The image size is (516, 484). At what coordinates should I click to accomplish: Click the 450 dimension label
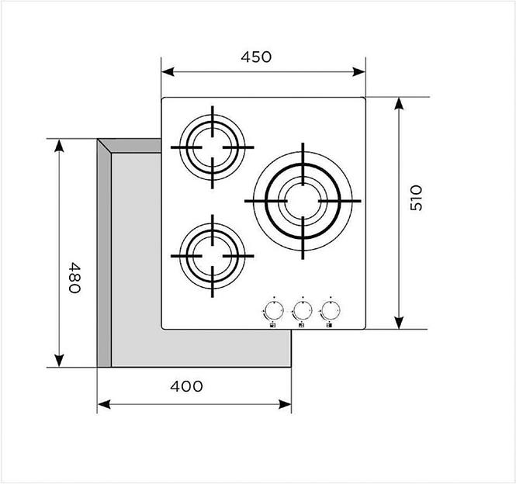[x=256, y=57]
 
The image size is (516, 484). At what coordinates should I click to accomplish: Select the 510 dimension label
[x=416, y=198]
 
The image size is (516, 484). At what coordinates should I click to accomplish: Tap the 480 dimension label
[x=74, y=278]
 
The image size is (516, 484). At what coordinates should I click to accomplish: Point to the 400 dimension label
[x=186, y=386]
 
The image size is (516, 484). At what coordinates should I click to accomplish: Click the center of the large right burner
[x=303, y=201]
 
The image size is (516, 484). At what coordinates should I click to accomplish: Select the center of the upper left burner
[x=213, y=147]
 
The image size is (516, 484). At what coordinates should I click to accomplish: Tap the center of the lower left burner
[x=213, y=256]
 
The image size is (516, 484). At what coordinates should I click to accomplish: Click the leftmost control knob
[x=274, y=310]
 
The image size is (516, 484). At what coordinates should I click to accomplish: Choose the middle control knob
[x=303, y=310]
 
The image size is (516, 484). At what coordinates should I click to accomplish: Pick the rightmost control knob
[x=331, y=310]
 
